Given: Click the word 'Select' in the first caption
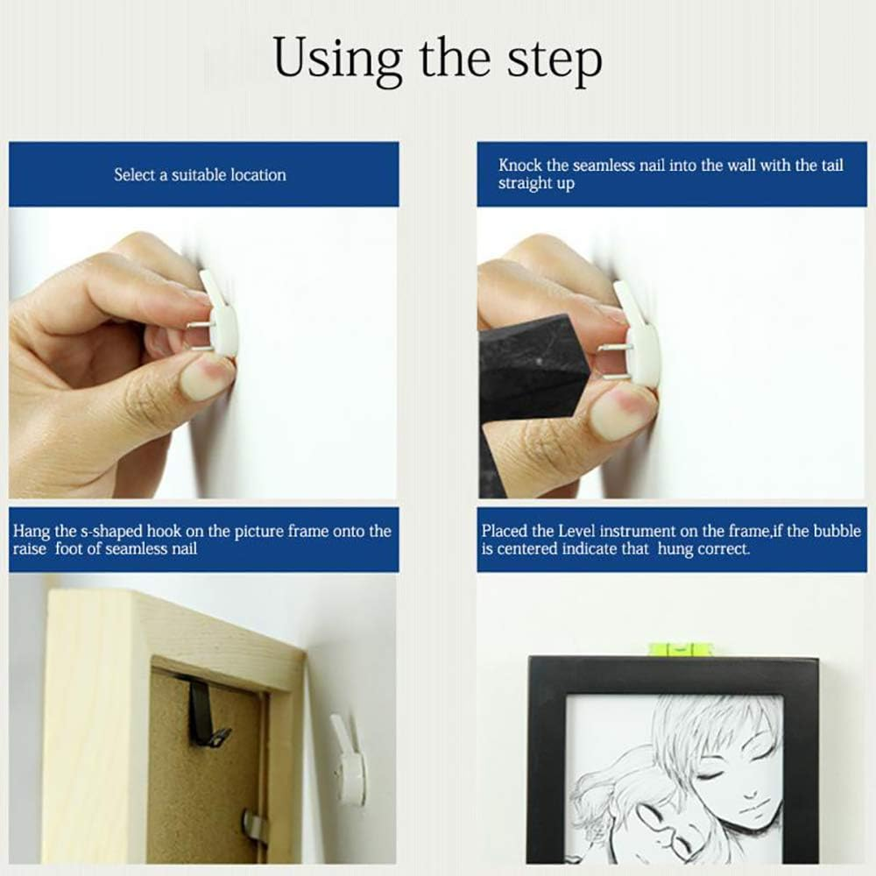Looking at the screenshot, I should (x=133, y=175).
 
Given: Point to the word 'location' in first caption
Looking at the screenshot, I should (x=258, y=175).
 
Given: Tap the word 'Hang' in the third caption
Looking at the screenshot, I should (x=30, y=531).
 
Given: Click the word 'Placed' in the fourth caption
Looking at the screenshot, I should (x=505, y=531).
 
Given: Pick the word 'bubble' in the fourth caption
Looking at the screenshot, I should (x=837, y=531).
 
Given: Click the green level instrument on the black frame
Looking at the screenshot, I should (x=681, y=649).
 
